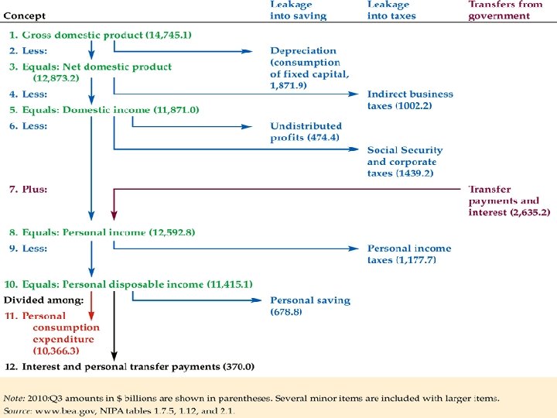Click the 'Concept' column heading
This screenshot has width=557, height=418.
24,15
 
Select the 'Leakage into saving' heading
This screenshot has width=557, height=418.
298,10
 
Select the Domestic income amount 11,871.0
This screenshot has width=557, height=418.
175,110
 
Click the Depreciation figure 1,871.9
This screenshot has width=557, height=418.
288,85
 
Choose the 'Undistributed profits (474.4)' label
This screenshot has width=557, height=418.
306,132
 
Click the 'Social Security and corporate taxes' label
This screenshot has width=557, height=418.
405,162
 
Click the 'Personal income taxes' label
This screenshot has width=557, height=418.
408,254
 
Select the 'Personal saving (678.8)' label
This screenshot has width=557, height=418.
309,306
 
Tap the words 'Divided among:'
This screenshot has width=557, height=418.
43,300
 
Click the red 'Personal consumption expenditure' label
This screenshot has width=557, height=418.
65,333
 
